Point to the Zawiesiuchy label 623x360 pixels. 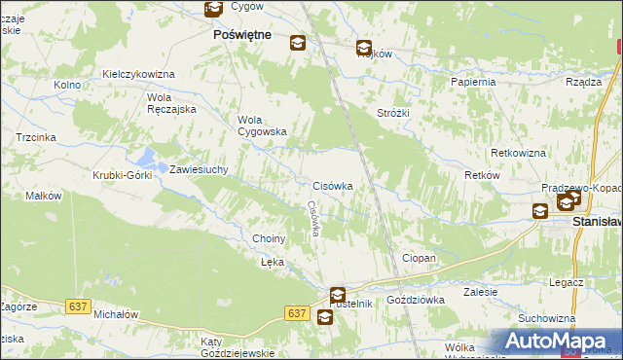199,169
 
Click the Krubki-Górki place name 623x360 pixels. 121,175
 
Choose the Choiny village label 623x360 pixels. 269,238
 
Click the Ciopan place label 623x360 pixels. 419,258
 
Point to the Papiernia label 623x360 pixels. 473,82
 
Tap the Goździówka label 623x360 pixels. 416,300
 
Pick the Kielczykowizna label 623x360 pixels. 137,74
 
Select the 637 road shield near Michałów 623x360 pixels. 79,306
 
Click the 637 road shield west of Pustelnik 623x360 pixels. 298,312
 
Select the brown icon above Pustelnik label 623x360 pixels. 337,294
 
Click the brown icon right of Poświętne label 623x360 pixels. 297,42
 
